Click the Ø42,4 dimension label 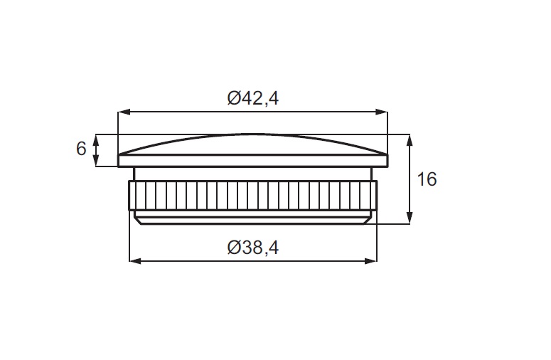(252, 98)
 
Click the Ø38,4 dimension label (252, 248)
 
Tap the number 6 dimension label (81, 149)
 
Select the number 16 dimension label (427, 179)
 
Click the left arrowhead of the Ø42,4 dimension (124, 112)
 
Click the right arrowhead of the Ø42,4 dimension (382, 112)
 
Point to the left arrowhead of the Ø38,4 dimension (136, 261)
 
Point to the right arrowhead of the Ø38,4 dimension (370, 261)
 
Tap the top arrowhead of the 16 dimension (410, 140)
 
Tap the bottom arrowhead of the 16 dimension (410, 218)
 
